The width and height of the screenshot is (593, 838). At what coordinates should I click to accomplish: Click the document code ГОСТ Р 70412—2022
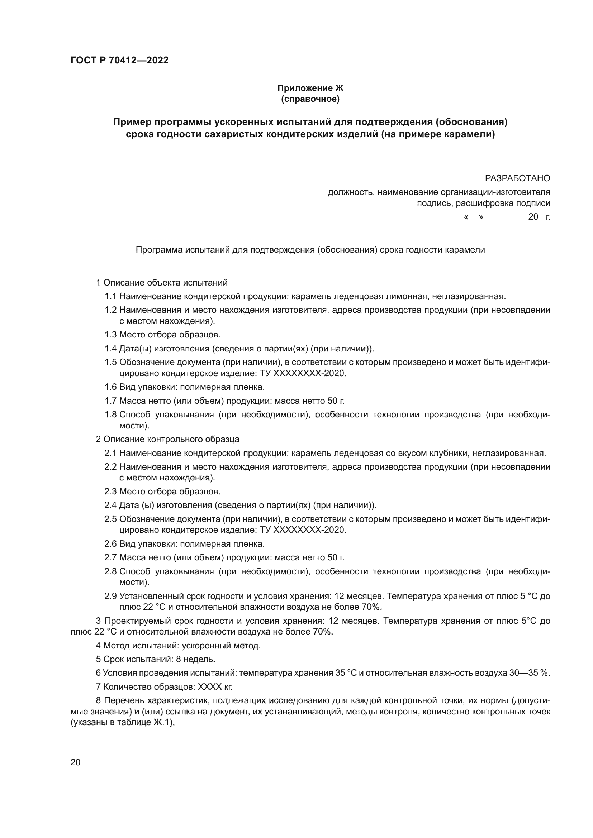point(119,61)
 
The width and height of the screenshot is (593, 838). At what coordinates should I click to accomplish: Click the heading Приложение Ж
point(310,88)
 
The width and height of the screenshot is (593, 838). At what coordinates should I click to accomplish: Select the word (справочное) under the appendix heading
point(310,99)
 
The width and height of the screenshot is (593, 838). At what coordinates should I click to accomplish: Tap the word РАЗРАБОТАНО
point(517,178)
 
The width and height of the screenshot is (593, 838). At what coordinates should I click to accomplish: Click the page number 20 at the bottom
point(75,762)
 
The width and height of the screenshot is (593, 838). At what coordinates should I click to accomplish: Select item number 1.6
point(110,387)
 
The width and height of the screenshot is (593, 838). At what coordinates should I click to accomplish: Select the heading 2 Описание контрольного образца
point(167,439)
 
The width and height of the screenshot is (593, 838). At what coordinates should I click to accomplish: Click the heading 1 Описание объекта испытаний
point(161,282)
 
